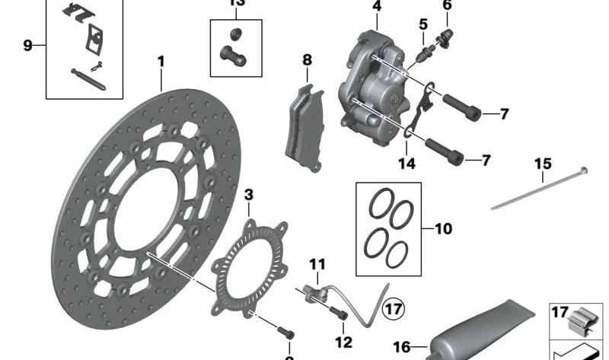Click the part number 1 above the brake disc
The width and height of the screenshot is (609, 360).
coord(161,61)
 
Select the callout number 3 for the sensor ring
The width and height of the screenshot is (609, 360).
coord(249,196)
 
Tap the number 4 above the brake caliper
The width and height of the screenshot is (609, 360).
coord(376,8)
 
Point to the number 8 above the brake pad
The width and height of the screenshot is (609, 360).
coord(306,59)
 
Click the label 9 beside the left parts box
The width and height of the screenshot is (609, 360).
coord(27,46)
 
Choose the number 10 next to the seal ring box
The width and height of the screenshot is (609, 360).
coord(444,228)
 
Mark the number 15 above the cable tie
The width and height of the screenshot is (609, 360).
coord(542,164)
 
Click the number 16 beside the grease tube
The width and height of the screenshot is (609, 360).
coord(400,345)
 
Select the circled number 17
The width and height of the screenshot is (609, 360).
coord(394,309)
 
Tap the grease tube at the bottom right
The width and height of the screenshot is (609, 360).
coord(487,323)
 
